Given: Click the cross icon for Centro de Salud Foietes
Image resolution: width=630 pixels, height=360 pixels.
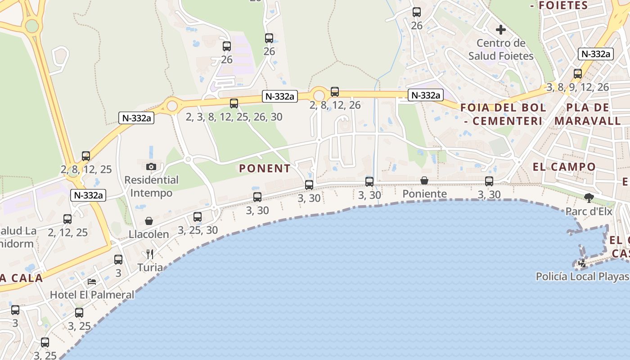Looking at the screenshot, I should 501,30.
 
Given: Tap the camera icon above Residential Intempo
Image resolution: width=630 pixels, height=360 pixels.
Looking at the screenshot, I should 151,166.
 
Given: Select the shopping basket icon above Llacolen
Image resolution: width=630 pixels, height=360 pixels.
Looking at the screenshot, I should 149,221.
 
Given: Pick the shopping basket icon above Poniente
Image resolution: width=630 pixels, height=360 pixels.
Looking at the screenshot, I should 424,180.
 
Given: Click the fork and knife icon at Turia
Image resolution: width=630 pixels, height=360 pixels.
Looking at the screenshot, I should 150,254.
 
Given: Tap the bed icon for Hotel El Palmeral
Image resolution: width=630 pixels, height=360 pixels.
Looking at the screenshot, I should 92,282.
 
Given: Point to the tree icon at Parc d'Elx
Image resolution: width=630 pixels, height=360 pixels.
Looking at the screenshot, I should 589,198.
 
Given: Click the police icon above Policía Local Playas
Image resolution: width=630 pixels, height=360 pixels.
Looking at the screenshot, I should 583,263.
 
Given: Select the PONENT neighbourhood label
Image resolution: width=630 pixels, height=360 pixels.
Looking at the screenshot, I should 265,169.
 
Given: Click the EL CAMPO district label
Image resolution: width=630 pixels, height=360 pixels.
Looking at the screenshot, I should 564,167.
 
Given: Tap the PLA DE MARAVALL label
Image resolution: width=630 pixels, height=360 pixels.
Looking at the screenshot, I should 588,114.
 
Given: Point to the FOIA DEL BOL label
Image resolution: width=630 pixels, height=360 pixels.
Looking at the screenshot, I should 503,108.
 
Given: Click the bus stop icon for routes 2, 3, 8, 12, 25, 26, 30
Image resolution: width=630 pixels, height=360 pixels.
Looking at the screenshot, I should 234,103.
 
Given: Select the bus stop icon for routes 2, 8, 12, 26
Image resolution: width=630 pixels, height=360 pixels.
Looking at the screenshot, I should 335,92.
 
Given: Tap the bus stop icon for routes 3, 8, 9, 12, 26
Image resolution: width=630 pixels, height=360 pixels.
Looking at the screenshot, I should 578,74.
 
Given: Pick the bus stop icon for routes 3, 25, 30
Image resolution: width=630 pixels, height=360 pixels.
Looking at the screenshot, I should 198,217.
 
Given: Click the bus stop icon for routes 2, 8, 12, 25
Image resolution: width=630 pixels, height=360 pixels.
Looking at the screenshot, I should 86,156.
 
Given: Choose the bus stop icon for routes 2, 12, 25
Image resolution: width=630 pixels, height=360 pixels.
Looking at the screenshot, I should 67,219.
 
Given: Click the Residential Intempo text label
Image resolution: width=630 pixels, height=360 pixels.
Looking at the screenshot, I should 151,186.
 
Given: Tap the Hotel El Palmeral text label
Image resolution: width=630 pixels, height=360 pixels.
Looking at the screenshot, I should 92,295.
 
